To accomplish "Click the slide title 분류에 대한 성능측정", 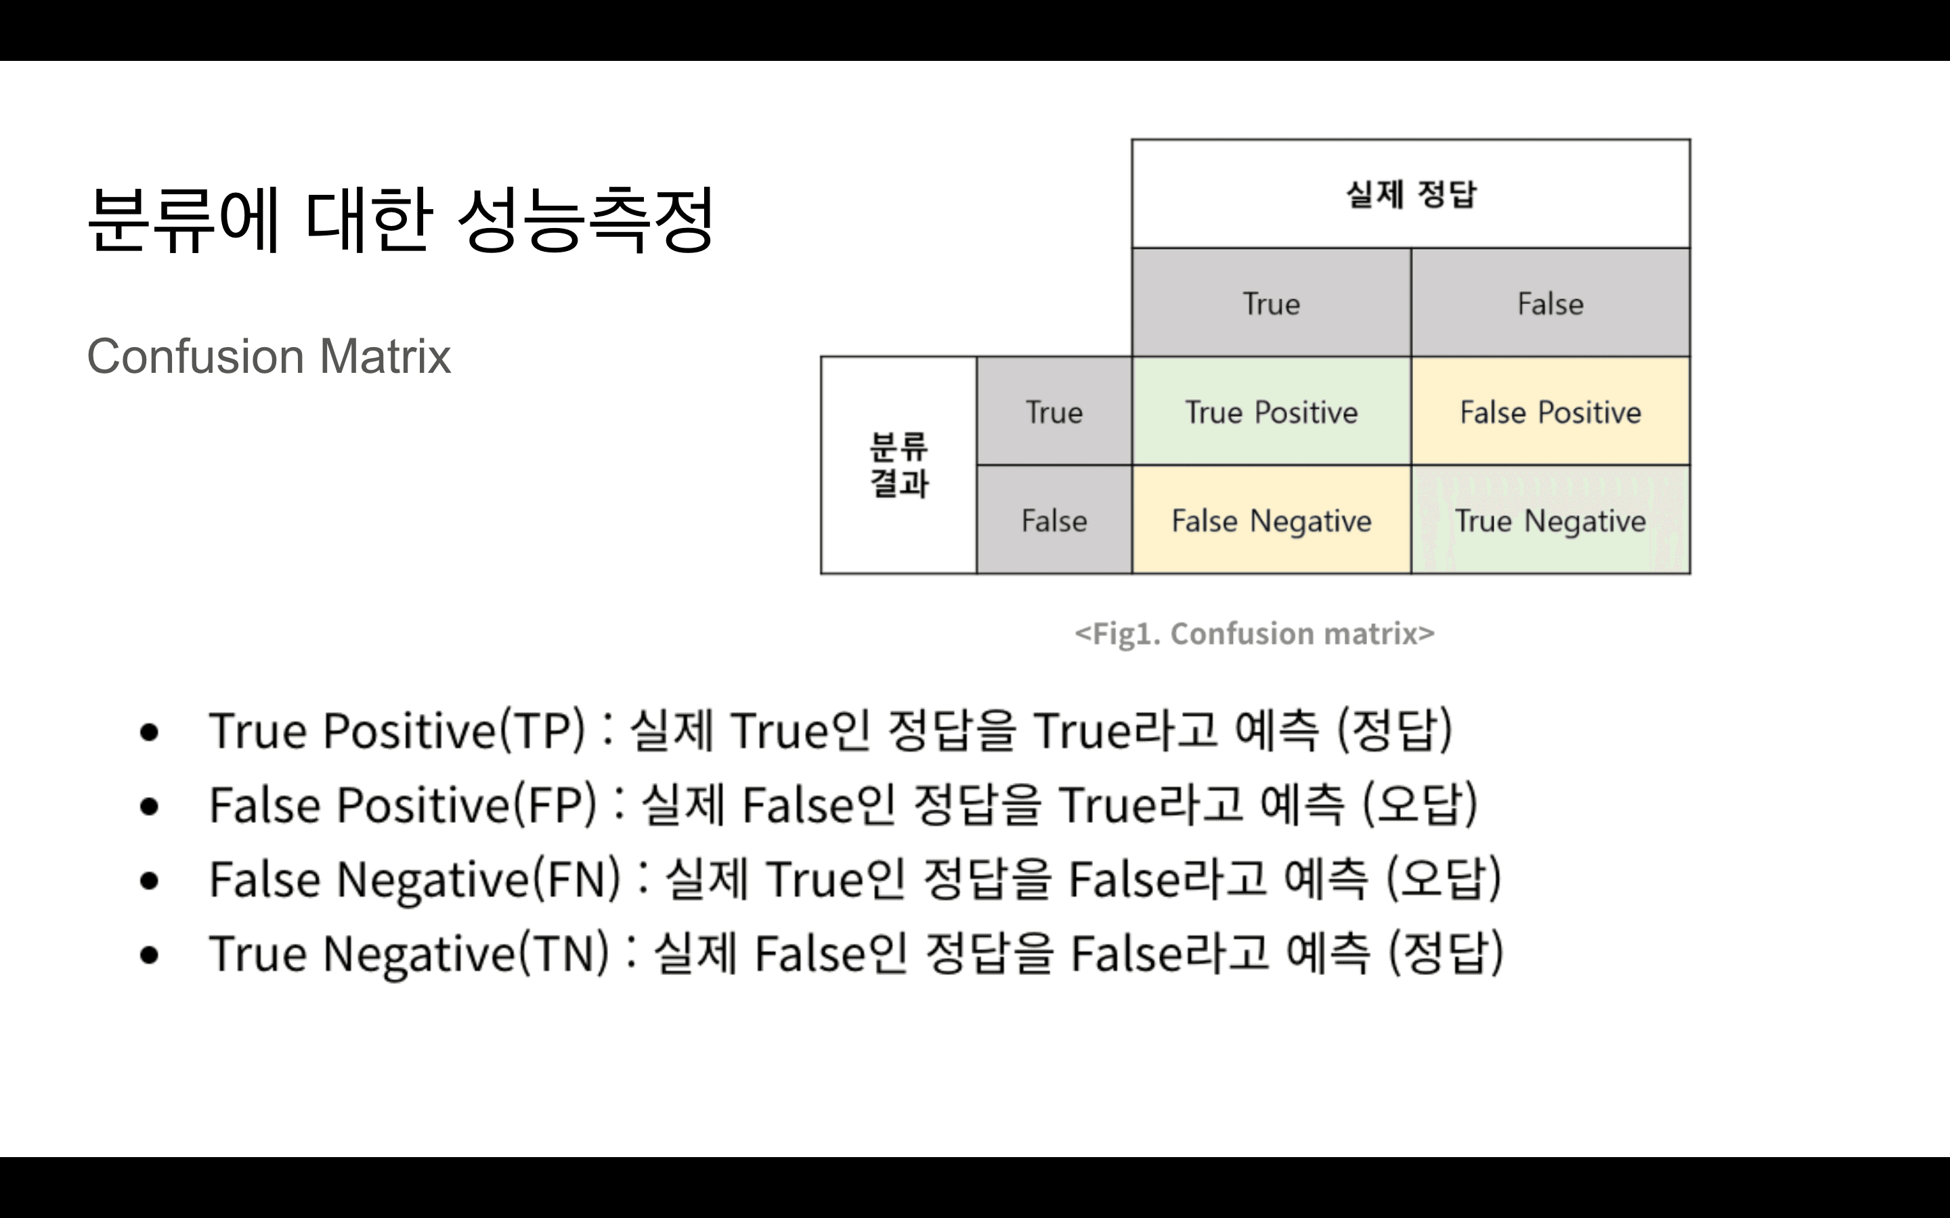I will click(400, 219).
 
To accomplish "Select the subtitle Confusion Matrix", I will click(268, 356).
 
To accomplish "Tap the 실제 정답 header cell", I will click(1410, 194).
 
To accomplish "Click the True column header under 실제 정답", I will click(1271, 304).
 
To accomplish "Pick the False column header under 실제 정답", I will click(1550, 304).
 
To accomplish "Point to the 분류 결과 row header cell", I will click(898, 465).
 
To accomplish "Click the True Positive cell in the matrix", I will click(1271, 411).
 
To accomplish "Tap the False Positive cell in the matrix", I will click(1550, 411).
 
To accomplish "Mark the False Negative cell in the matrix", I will click(1271, 520).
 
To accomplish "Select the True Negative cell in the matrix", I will click(1550, 520).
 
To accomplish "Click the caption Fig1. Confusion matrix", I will click(1254, 633).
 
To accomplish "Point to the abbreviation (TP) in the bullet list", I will click(542, 731).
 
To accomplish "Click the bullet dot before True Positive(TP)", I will click(149, 732).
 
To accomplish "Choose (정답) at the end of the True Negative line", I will click(1446, 954).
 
